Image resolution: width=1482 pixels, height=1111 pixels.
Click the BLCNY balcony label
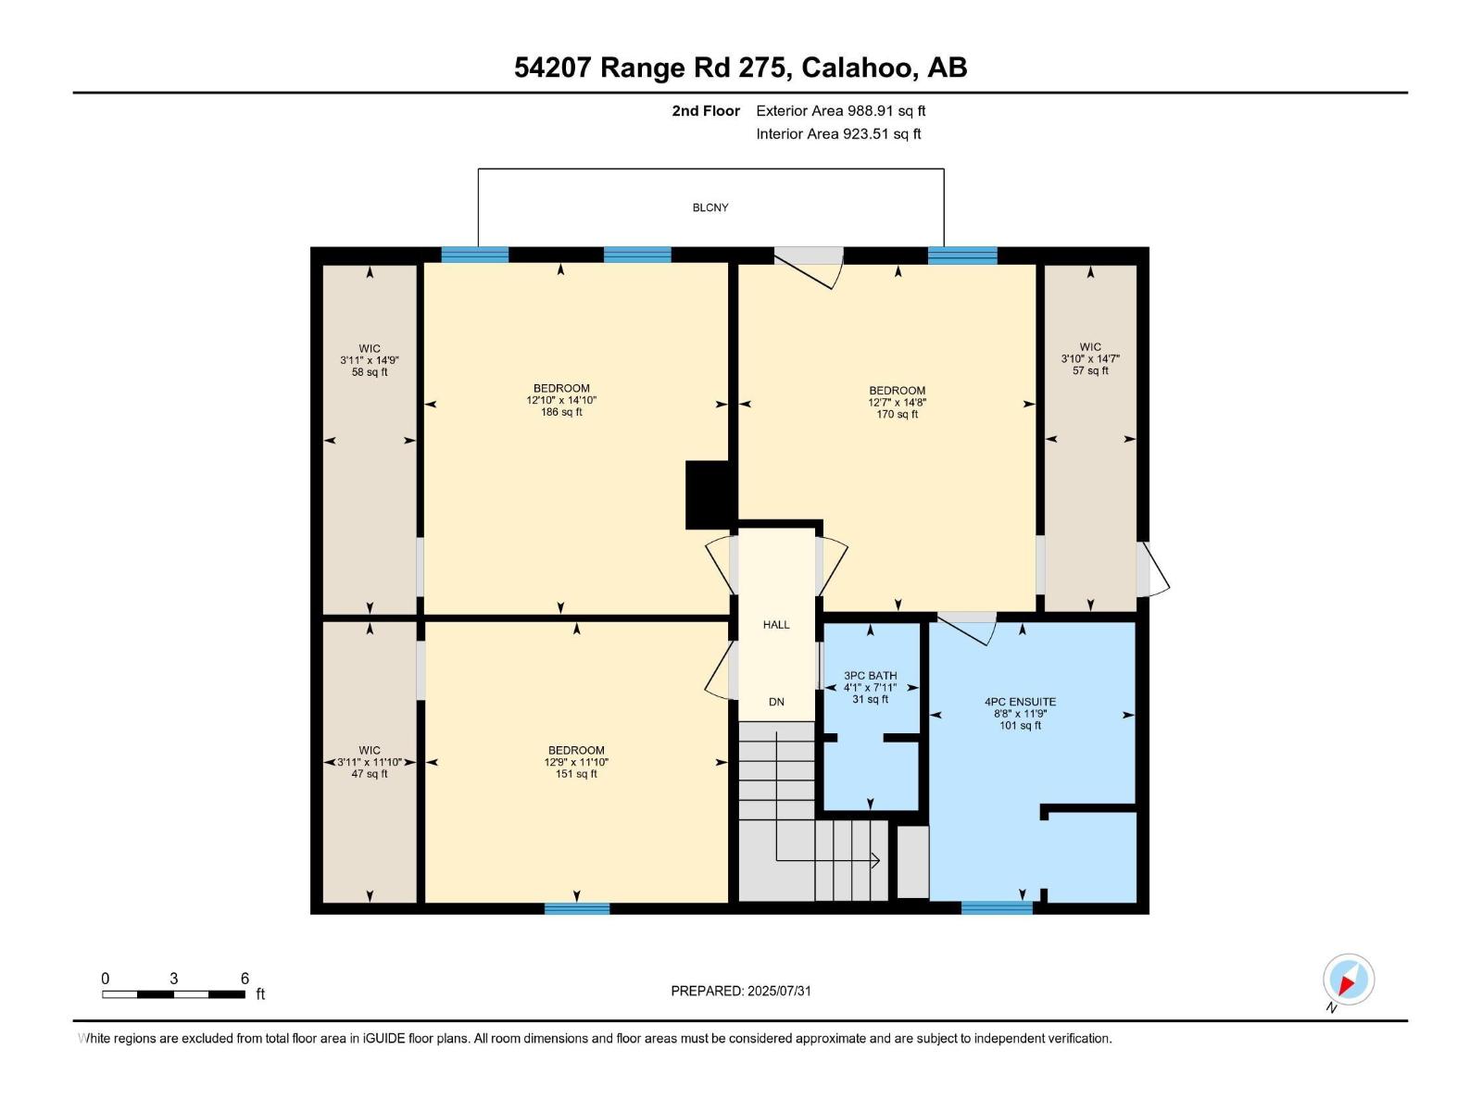[710, 207]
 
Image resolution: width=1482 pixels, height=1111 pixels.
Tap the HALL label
[776, 625]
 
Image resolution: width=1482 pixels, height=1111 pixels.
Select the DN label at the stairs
[776, 702]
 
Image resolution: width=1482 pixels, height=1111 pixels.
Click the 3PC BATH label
[871, 676]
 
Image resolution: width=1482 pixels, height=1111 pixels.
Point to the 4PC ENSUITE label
[1020, 702]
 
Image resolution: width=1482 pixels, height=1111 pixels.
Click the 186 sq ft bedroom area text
[561, 412]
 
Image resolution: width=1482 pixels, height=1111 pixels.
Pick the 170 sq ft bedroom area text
[897, 414]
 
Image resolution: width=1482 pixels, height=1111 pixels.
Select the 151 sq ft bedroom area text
[575, 774]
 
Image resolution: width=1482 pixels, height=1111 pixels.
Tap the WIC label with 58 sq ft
[370, 349]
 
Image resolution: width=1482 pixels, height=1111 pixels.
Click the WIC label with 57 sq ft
[1090, 347]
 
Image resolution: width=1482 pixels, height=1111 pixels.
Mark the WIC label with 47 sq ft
[370, 750]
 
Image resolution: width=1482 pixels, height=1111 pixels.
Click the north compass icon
[1348, 980]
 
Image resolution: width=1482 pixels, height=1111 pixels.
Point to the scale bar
[173, 994]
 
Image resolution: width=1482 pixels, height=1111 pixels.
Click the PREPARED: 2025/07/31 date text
[741, 991]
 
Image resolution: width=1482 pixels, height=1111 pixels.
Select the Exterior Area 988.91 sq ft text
[840, 110]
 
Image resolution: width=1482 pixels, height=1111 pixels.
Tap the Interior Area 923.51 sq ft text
[838, 133]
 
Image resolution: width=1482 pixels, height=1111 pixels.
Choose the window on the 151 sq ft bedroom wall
[577, 908]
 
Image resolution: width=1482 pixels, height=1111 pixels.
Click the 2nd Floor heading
[706, 110]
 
